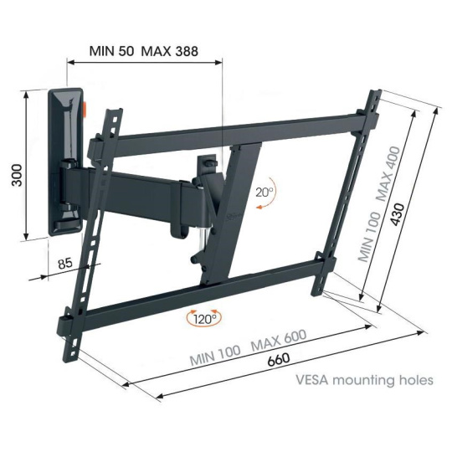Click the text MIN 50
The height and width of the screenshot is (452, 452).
click(111, 51)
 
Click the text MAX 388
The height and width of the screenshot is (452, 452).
click(169, 51)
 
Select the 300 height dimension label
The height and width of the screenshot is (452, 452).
click(17, 175)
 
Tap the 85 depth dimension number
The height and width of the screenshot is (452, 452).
click(64, 263)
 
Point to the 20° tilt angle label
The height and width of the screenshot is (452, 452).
click(264, 193)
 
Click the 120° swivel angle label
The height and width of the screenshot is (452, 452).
click(205, 320)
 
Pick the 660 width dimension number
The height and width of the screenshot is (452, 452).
click(279, 359)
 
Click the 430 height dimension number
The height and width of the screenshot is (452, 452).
click(398, 214)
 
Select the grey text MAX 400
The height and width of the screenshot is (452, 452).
click(388, 174)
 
